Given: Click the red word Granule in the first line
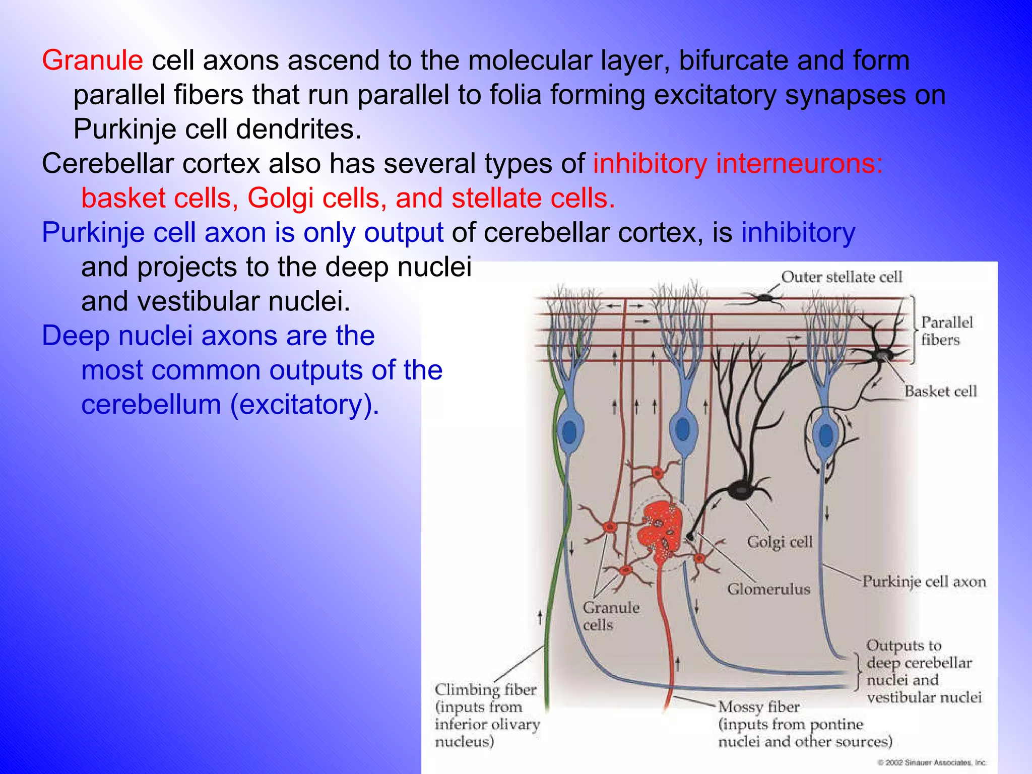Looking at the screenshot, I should point(93,60).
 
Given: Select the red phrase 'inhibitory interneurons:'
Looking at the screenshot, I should point(738,164).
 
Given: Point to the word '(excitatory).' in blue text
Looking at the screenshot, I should point(304,405).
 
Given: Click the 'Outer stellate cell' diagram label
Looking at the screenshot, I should point(841,277).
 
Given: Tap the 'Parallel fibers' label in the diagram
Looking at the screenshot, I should point(946,331).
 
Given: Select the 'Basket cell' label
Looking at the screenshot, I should point(940,391).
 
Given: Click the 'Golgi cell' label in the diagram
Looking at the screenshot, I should point(780,542).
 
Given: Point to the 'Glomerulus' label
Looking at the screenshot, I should point(768,589).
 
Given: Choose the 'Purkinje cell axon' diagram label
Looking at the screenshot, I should point(924,582).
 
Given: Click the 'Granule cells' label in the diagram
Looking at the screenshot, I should point(610,616).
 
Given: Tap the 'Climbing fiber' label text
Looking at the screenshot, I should point(486,689).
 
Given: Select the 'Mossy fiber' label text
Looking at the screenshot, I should point(759,706).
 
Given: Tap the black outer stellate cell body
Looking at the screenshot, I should point(765,298).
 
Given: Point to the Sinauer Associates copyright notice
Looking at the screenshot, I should point(932,762).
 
